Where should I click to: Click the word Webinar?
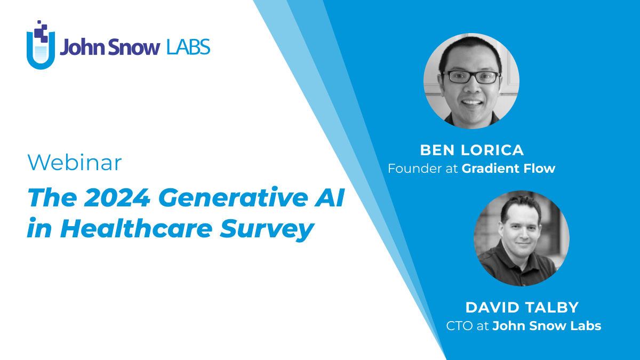click(75, 163)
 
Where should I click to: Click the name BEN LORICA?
click(471, 150)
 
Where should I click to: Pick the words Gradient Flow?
click(508, 169)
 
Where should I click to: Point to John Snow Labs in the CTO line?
click(547, 326)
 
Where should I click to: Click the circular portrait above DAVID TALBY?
click(521, 238)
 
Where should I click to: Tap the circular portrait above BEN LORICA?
click(471, 81)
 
